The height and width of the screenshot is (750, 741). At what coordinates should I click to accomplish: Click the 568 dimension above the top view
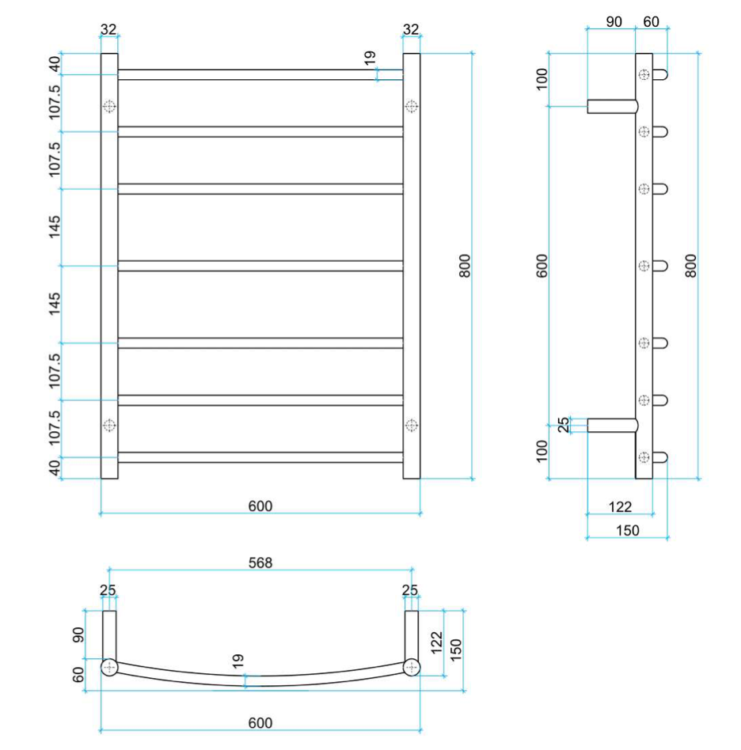[260, 562]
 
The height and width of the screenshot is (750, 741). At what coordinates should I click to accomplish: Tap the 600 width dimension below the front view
[260, 506]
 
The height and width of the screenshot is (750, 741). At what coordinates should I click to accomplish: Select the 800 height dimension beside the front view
[465, 266]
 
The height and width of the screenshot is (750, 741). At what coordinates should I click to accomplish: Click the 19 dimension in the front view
[370, 58]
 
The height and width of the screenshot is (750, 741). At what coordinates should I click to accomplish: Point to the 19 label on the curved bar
[238, 661]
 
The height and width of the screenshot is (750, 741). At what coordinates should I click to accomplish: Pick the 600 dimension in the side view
[541, 266]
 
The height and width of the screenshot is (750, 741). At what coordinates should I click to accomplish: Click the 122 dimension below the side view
[620, 506]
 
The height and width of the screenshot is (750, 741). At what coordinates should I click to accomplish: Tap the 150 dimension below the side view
[628, 530]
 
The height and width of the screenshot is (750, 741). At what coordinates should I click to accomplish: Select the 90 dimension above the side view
[614, 21]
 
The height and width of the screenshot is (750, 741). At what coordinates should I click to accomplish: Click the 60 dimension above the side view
[651, 21]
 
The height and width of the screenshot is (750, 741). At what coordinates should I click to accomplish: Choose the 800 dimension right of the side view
[691, 266]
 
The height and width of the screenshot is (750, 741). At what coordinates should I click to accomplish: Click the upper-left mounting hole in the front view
[109, 106]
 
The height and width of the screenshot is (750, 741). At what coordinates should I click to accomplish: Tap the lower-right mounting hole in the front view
[412, 425]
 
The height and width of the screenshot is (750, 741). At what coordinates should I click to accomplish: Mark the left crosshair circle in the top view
[109, 667]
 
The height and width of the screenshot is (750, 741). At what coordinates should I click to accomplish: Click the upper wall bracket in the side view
[613, 106]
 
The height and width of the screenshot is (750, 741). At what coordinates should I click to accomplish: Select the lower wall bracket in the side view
[613, 425]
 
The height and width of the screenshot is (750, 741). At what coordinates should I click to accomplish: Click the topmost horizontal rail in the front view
[260, 74]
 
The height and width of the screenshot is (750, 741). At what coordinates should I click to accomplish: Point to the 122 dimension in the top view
[436, 642]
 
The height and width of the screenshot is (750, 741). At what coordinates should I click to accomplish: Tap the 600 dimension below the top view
[260, 723]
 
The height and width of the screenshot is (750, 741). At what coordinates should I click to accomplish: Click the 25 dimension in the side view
[564, 425]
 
